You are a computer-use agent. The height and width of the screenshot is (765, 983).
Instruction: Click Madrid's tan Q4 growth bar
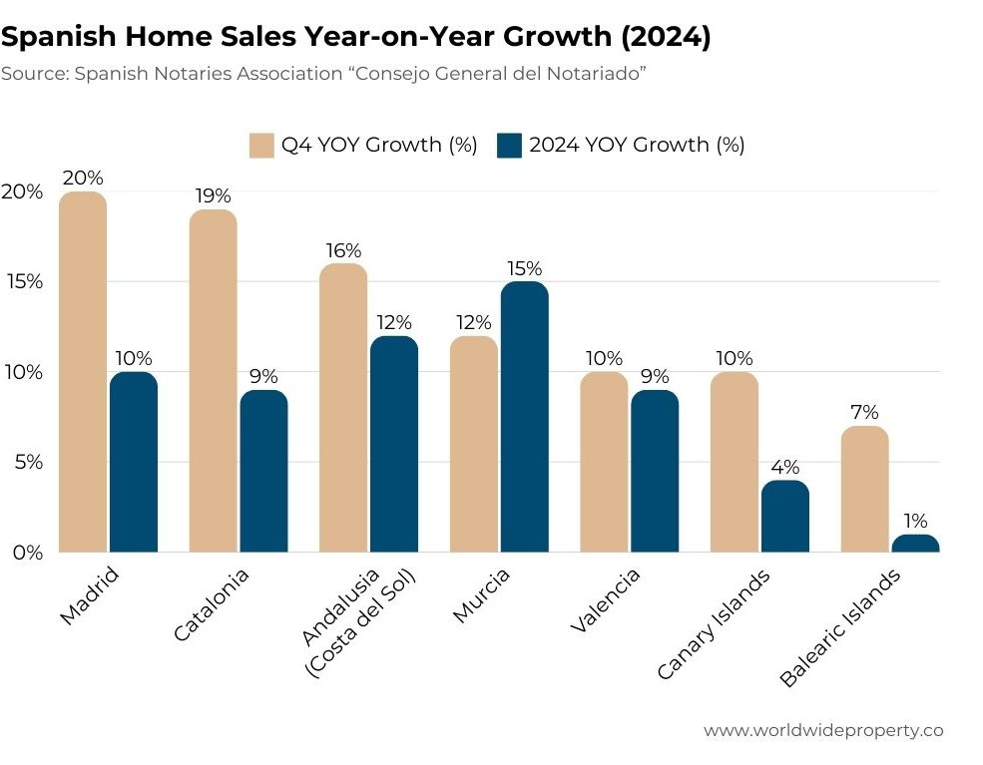83,371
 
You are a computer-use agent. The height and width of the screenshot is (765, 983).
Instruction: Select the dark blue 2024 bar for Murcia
525,416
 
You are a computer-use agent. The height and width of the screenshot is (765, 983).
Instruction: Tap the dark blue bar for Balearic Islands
915,544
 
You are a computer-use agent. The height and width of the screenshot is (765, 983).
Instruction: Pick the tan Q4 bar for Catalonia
213,380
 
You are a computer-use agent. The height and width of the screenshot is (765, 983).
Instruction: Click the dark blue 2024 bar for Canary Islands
784,516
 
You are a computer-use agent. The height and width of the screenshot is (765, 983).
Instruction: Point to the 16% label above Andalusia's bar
343,250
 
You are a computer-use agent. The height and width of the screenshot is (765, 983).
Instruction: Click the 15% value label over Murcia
525,268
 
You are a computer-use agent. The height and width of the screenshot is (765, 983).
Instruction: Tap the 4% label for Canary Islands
784,467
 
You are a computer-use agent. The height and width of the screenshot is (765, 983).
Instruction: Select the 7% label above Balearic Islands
864,413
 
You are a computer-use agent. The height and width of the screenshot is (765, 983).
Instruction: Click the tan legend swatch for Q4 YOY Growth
261,145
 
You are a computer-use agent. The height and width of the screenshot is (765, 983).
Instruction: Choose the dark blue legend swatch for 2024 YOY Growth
509,145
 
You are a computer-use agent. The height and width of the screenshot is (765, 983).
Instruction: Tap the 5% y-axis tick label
27,462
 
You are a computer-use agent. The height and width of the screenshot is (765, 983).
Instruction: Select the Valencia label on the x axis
606,599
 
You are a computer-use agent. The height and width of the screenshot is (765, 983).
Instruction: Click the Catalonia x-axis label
212,604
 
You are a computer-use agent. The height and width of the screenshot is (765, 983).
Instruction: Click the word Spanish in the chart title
58,37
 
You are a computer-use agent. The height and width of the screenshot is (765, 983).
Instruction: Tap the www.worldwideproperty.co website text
823,730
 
